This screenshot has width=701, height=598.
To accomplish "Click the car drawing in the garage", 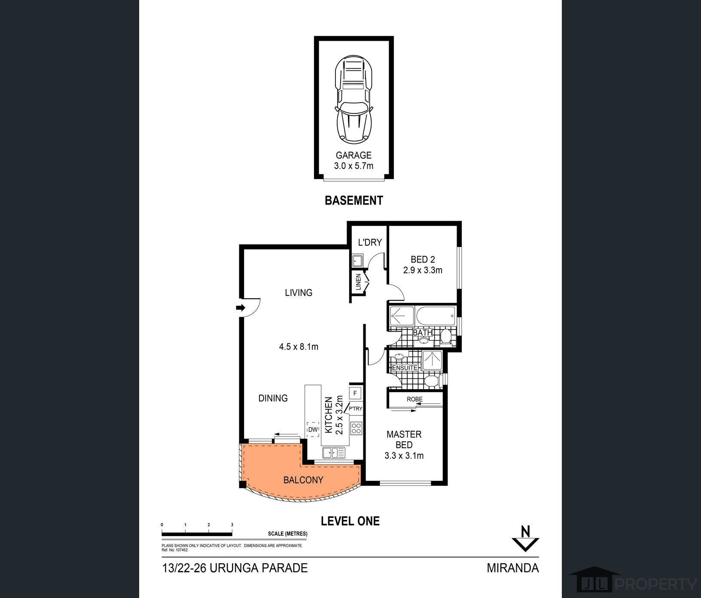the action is coord(354,100).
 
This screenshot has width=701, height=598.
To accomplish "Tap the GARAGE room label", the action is coord(354,155).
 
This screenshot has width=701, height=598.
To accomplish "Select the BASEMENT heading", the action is coord(354,201).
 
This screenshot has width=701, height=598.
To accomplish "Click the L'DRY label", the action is coord(370,242).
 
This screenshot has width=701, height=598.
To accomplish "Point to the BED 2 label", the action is coord(423,259).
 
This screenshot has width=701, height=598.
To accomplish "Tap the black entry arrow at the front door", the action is coord(241,308).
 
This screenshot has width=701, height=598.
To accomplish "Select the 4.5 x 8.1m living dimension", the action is coord(299,347).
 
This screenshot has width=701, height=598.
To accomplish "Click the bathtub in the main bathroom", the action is coord(435,317).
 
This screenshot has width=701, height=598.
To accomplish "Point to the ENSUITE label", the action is coord(405,368).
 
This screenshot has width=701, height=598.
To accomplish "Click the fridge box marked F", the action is coord(355,393).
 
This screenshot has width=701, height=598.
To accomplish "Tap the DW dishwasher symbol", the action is coord(313,429).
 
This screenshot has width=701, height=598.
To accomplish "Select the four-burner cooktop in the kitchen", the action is coord(357,428).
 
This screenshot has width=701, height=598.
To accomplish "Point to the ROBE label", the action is coord(415,399).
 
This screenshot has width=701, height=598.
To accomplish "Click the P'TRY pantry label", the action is coord(355,409).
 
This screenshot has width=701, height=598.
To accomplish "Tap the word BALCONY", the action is coord(303,480).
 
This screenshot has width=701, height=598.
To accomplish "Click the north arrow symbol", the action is coord(524,538).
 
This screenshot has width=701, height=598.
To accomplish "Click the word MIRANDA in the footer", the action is coord(512,568).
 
